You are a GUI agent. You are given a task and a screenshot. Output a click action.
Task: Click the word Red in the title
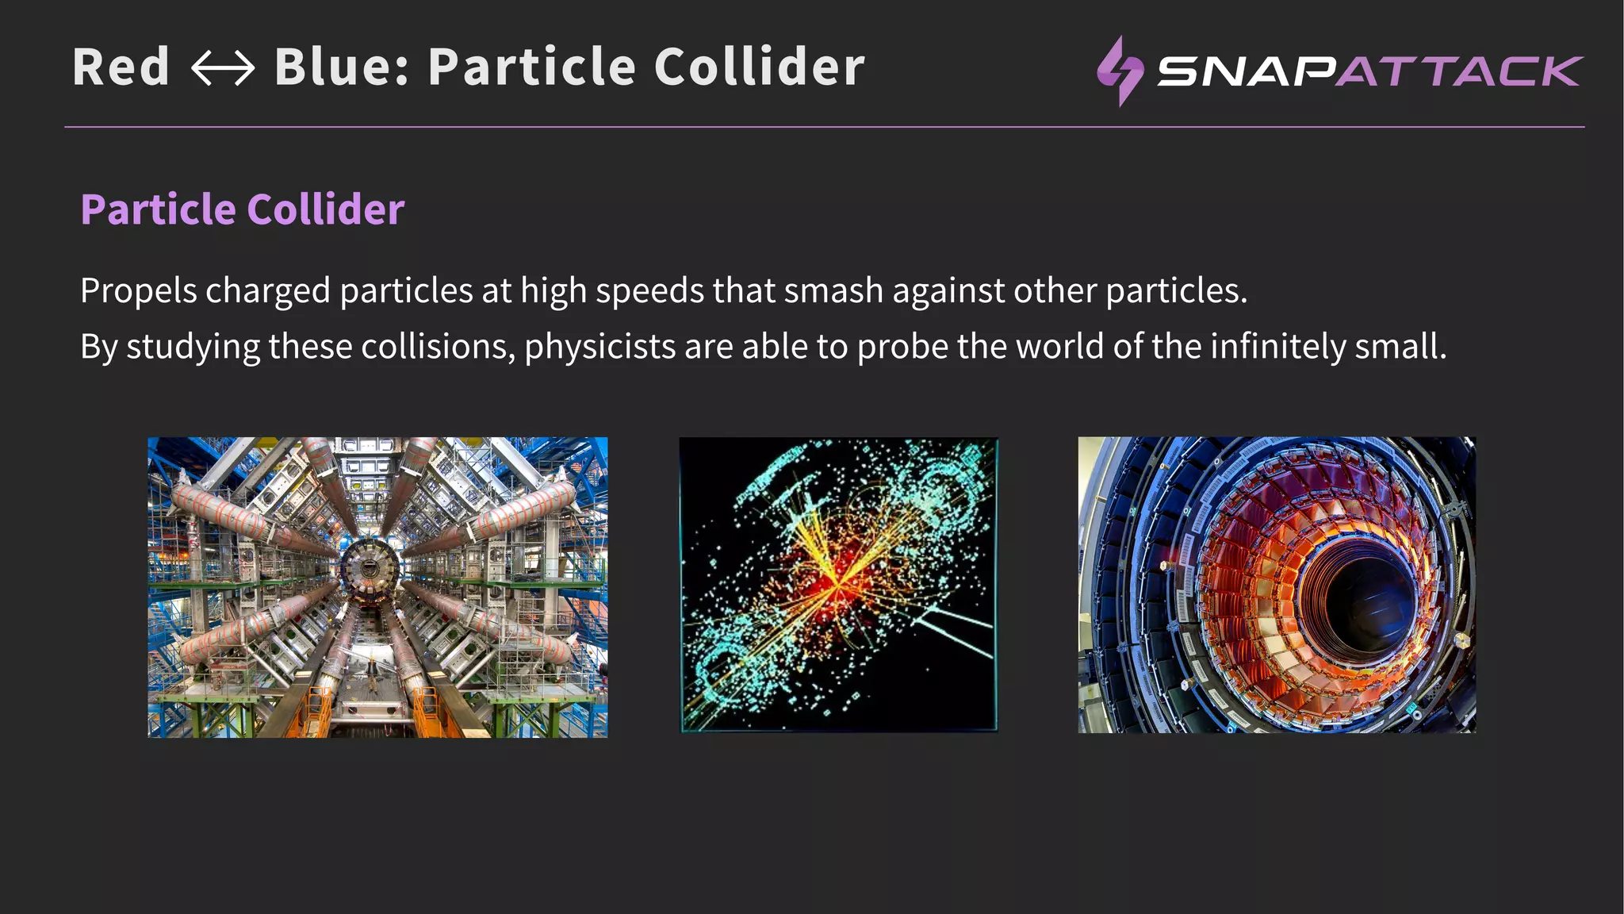pyautogui.click(x=121, y=67)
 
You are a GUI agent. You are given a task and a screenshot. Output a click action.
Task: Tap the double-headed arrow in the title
pyautogui.click(x=223, y=68)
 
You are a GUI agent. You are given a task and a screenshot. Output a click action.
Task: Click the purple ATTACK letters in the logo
pyautogui.click(x=1459, y=71)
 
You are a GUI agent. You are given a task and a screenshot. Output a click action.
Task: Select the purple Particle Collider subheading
pyautogui.click(x=243, y=209)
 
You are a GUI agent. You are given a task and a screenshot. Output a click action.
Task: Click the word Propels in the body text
pyautogui.click(x=138, y=291)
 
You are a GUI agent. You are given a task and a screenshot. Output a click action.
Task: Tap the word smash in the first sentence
pyautogui.click(x=833, y=291)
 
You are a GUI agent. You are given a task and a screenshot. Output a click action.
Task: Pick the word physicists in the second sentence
pyautogui.click(x=599, y=347)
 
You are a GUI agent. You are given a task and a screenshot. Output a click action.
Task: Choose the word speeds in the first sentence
pyautogui.click(x=649, y=291)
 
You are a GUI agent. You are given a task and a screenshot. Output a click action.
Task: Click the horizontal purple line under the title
pyautogui.click(x=825, y=127)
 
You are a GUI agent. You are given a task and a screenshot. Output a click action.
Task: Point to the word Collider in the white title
pyautogui.click(x=759, y=67)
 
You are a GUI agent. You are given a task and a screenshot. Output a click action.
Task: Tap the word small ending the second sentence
pyautogui.click(x=1400, y=347)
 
